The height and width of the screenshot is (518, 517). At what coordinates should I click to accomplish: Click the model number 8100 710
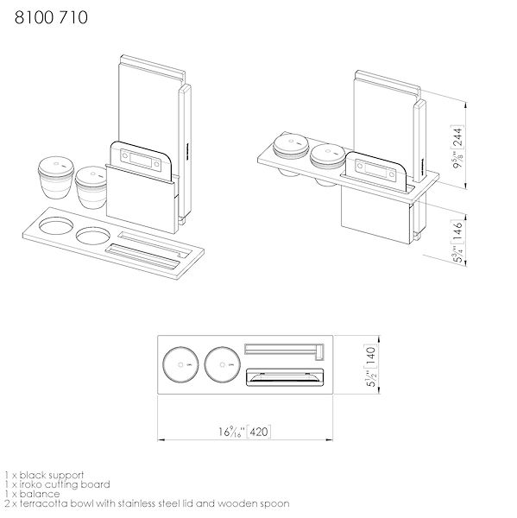tap(51, 17)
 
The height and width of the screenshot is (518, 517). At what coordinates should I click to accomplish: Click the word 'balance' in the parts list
tap(40, 494)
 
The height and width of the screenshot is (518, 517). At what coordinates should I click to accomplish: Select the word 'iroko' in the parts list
tap(30, 484)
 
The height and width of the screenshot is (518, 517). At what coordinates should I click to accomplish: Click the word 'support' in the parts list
tap(65, 476)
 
